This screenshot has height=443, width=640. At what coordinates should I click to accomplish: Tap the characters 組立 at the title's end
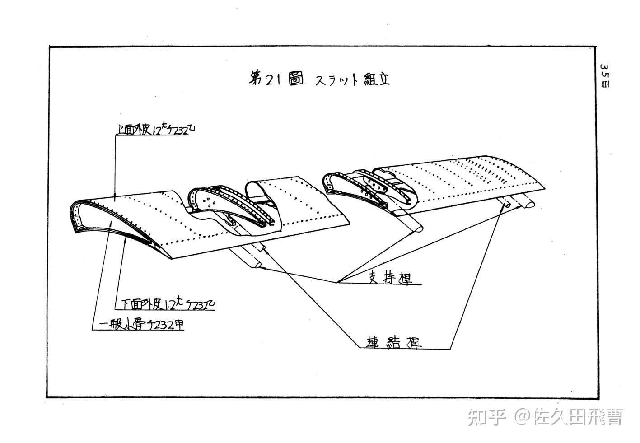pyautogui.click(x=377, y=79)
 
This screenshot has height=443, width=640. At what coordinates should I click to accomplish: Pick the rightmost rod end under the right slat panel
pyautogui.click(x=528, y=204)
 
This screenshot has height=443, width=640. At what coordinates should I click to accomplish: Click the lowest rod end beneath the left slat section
pyautogui.click(x=258, y=265)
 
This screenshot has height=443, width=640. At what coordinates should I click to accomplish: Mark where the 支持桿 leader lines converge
pyautogui.click(x=337, y=282)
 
